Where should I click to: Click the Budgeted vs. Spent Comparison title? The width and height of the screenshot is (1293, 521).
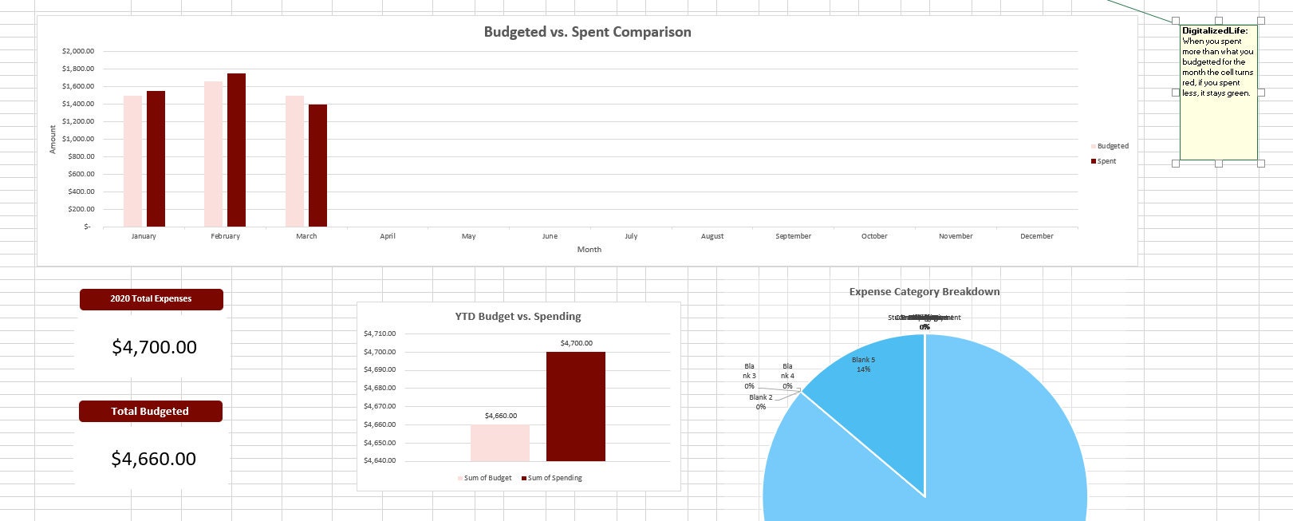pyautogui.click(x=587, y=32)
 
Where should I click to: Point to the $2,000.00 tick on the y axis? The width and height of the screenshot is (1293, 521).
pyautogui.click(x=77, y=51)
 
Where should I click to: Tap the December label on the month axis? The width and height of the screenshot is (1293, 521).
pyautogui.click(x=1036, y=236)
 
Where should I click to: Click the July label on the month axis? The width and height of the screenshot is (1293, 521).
pyautogui.click(x=631, y=236)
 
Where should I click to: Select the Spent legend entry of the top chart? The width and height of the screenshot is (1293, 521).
pyautogui.click(x=1106, y=161)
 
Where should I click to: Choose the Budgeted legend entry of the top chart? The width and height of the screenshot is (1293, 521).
pyautogui.click(x=1112, y=146)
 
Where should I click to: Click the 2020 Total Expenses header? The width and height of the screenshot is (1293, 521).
pyautogui.click(x=151, y=299)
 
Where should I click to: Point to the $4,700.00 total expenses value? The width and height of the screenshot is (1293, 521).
pyautogui.click(x=154, y=347)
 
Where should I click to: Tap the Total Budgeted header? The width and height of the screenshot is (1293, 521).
pyautogui.click(x=150, y=412)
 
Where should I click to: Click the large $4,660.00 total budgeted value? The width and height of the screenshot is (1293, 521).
pyautogui.click(x=153, y=459)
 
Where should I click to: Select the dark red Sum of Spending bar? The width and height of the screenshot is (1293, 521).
pyautogui.click(x=575, y=406)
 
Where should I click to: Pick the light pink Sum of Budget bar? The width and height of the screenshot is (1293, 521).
pyautogui.click(x=499, y=443)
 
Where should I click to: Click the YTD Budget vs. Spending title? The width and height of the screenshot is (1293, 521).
pyautogui.click(x=518, y=317)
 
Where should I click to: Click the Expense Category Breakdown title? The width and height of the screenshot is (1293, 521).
pyautogui.click(x=924, y=292)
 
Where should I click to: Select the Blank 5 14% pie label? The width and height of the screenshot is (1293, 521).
pyautogui.click(x=863, y=365)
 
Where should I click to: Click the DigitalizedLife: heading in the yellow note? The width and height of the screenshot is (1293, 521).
pyautogui.click(x=1215, y=31)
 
